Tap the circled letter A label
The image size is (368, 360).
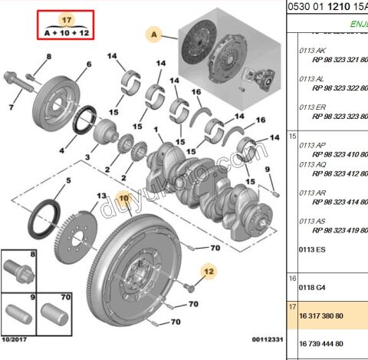pyautogui.click(x=154, y=35)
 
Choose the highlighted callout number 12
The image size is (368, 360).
pyautogui.click(x=209, y=270)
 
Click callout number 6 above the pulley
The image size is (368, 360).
pyautogui.click(x=88, y=64)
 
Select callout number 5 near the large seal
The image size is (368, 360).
pyautogui.click(x=67, y=181)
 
